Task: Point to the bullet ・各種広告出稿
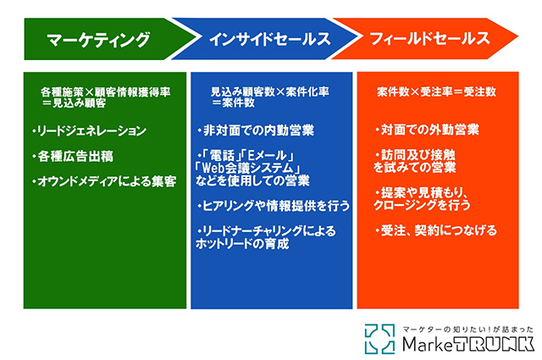pyautogui.click(x=73, y=157)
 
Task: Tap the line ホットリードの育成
pyautogui.click(x=242, y=244)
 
